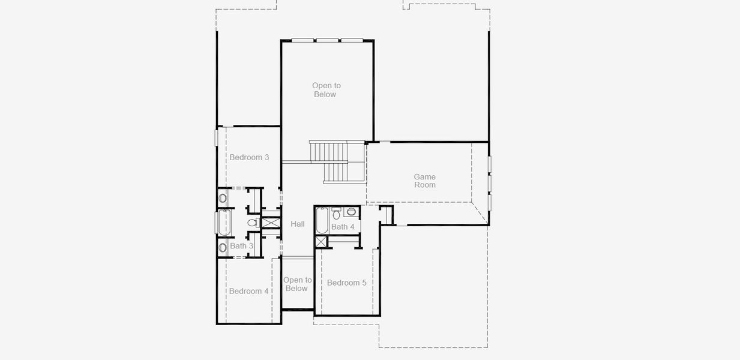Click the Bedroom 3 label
pos(249,157)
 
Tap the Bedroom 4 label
pos(248,291)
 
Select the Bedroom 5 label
pos(346,283)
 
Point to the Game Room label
pos(425,181)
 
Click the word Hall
pos(298,224)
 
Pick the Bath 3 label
pos(241,246)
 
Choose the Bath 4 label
pos(343,227)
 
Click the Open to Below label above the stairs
pos(326,90)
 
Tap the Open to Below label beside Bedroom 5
pos(297,284)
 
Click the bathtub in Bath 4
pos(322,220)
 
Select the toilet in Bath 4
pos(336,214)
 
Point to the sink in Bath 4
pos(351,212)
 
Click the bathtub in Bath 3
pos(224,222)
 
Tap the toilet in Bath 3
pos(254,223)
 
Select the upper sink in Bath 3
pos(223,198)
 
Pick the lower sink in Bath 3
pos(223,247)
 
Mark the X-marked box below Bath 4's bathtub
pos(320,241)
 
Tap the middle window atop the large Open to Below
pos(327,41)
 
